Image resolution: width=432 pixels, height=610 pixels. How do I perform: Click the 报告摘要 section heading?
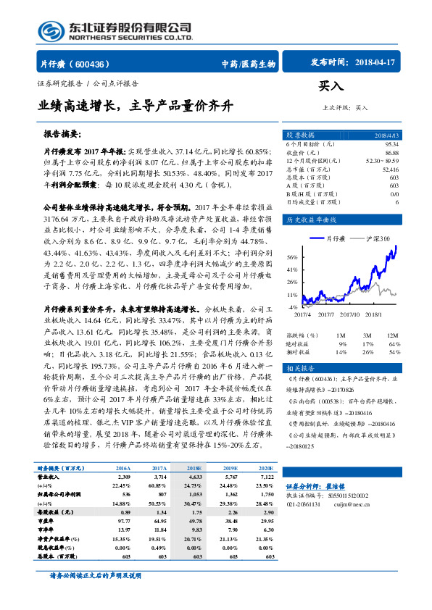pos(62,135)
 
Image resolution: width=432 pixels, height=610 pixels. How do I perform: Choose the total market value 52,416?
pos(389,168)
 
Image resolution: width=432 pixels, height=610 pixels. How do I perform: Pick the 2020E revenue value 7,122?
pos(265,477)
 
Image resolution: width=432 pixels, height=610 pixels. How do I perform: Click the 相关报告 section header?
pos(300,367)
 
